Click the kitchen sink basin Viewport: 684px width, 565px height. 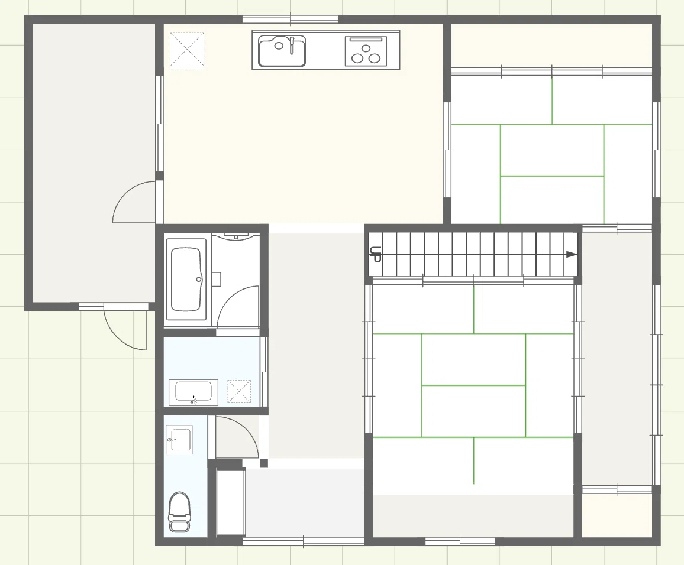[282, 51]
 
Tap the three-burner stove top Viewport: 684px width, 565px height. [366, 51]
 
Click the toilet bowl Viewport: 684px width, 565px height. [179, 511]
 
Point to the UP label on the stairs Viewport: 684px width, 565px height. [375, 254]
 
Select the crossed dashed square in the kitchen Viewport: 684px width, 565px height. [187, 50]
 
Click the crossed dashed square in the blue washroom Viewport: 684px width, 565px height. [239, 391]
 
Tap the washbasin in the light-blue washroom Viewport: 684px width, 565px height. [193, 393]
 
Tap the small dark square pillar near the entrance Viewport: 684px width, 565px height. [264, 463]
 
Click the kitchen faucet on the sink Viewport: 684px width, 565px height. [292, 45]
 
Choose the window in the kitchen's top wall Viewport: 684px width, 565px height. [290, 19]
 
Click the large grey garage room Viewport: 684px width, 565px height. [94, 162]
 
